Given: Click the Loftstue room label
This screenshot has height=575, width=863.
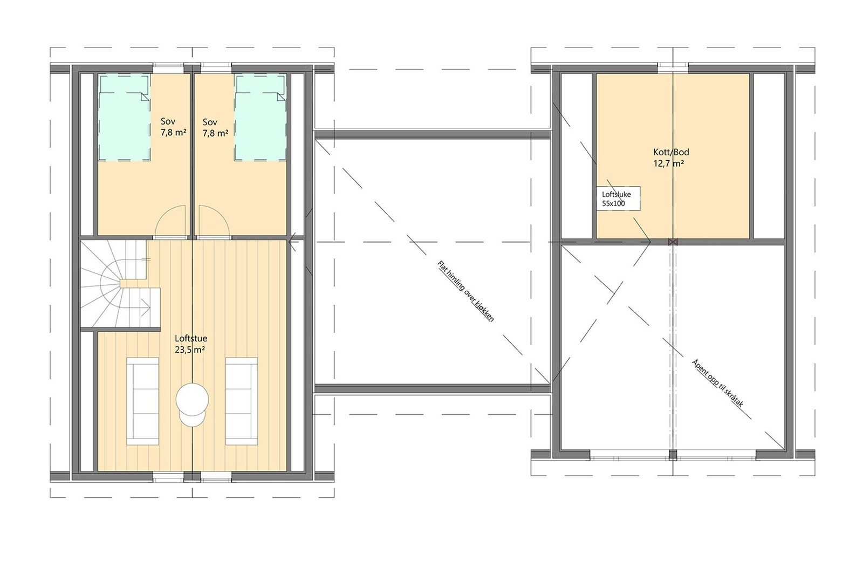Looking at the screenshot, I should coord(190,339).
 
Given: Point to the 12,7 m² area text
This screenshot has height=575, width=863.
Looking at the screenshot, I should coord(669,163).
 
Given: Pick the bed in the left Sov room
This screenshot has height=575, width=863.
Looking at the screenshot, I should coord(124,118).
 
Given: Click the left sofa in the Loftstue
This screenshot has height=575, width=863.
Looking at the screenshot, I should coord(143,401).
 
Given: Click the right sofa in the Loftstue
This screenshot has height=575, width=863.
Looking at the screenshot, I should coord(241,401).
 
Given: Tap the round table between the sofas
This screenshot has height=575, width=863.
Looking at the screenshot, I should coord(192,400).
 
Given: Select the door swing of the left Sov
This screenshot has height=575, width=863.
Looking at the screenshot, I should coord(170,222).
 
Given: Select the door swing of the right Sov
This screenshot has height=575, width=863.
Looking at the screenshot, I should coord(214,222).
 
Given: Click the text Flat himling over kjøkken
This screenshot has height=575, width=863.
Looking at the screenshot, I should coord(465,291).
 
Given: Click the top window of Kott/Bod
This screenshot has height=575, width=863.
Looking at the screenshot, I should coord(673,67).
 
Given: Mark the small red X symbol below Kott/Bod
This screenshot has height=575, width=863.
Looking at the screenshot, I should coord(672,242).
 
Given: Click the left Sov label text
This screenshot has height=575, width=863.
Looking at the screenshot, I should coord(168,122).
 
